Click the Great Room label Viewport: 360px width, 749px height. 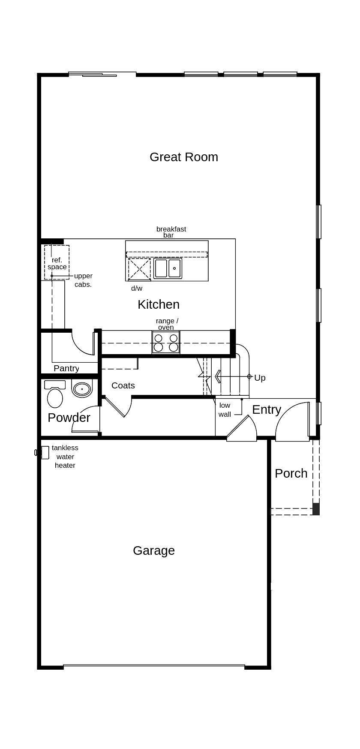point(184,157)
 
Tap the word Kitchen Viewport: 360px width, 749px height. point(159,304)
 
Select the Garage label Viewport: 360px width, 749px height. point(154,550)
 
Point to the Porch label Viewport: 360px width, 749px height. point(291,473)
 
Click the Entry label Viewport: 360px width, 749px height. point(267,410)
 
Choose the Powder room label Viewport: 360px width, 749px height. point(69,418)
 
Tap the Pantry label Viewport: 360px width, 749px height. point(66,368)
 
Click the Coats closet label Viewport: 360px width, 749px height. point(123,385)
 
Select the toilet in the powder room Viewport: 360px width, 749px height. point(55,394)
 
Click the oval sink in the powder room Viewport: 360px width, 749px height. point(82,389)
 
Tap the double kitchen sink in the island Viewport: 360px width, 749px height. point(168,268)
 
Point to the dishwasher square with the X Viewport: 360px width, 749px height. point(139,269)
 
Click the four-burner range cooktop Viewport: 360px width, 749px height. point(166,342)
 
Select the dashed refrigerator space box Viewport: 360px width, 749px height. point(57,262)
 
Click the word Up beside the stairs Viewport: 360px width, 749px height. point(260,378)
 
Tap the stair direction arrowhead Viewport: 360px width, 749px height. point(217,376)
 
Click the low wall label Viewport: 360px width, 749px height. point(225,410)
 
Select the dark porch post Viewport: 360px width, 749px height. point(316,509)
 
